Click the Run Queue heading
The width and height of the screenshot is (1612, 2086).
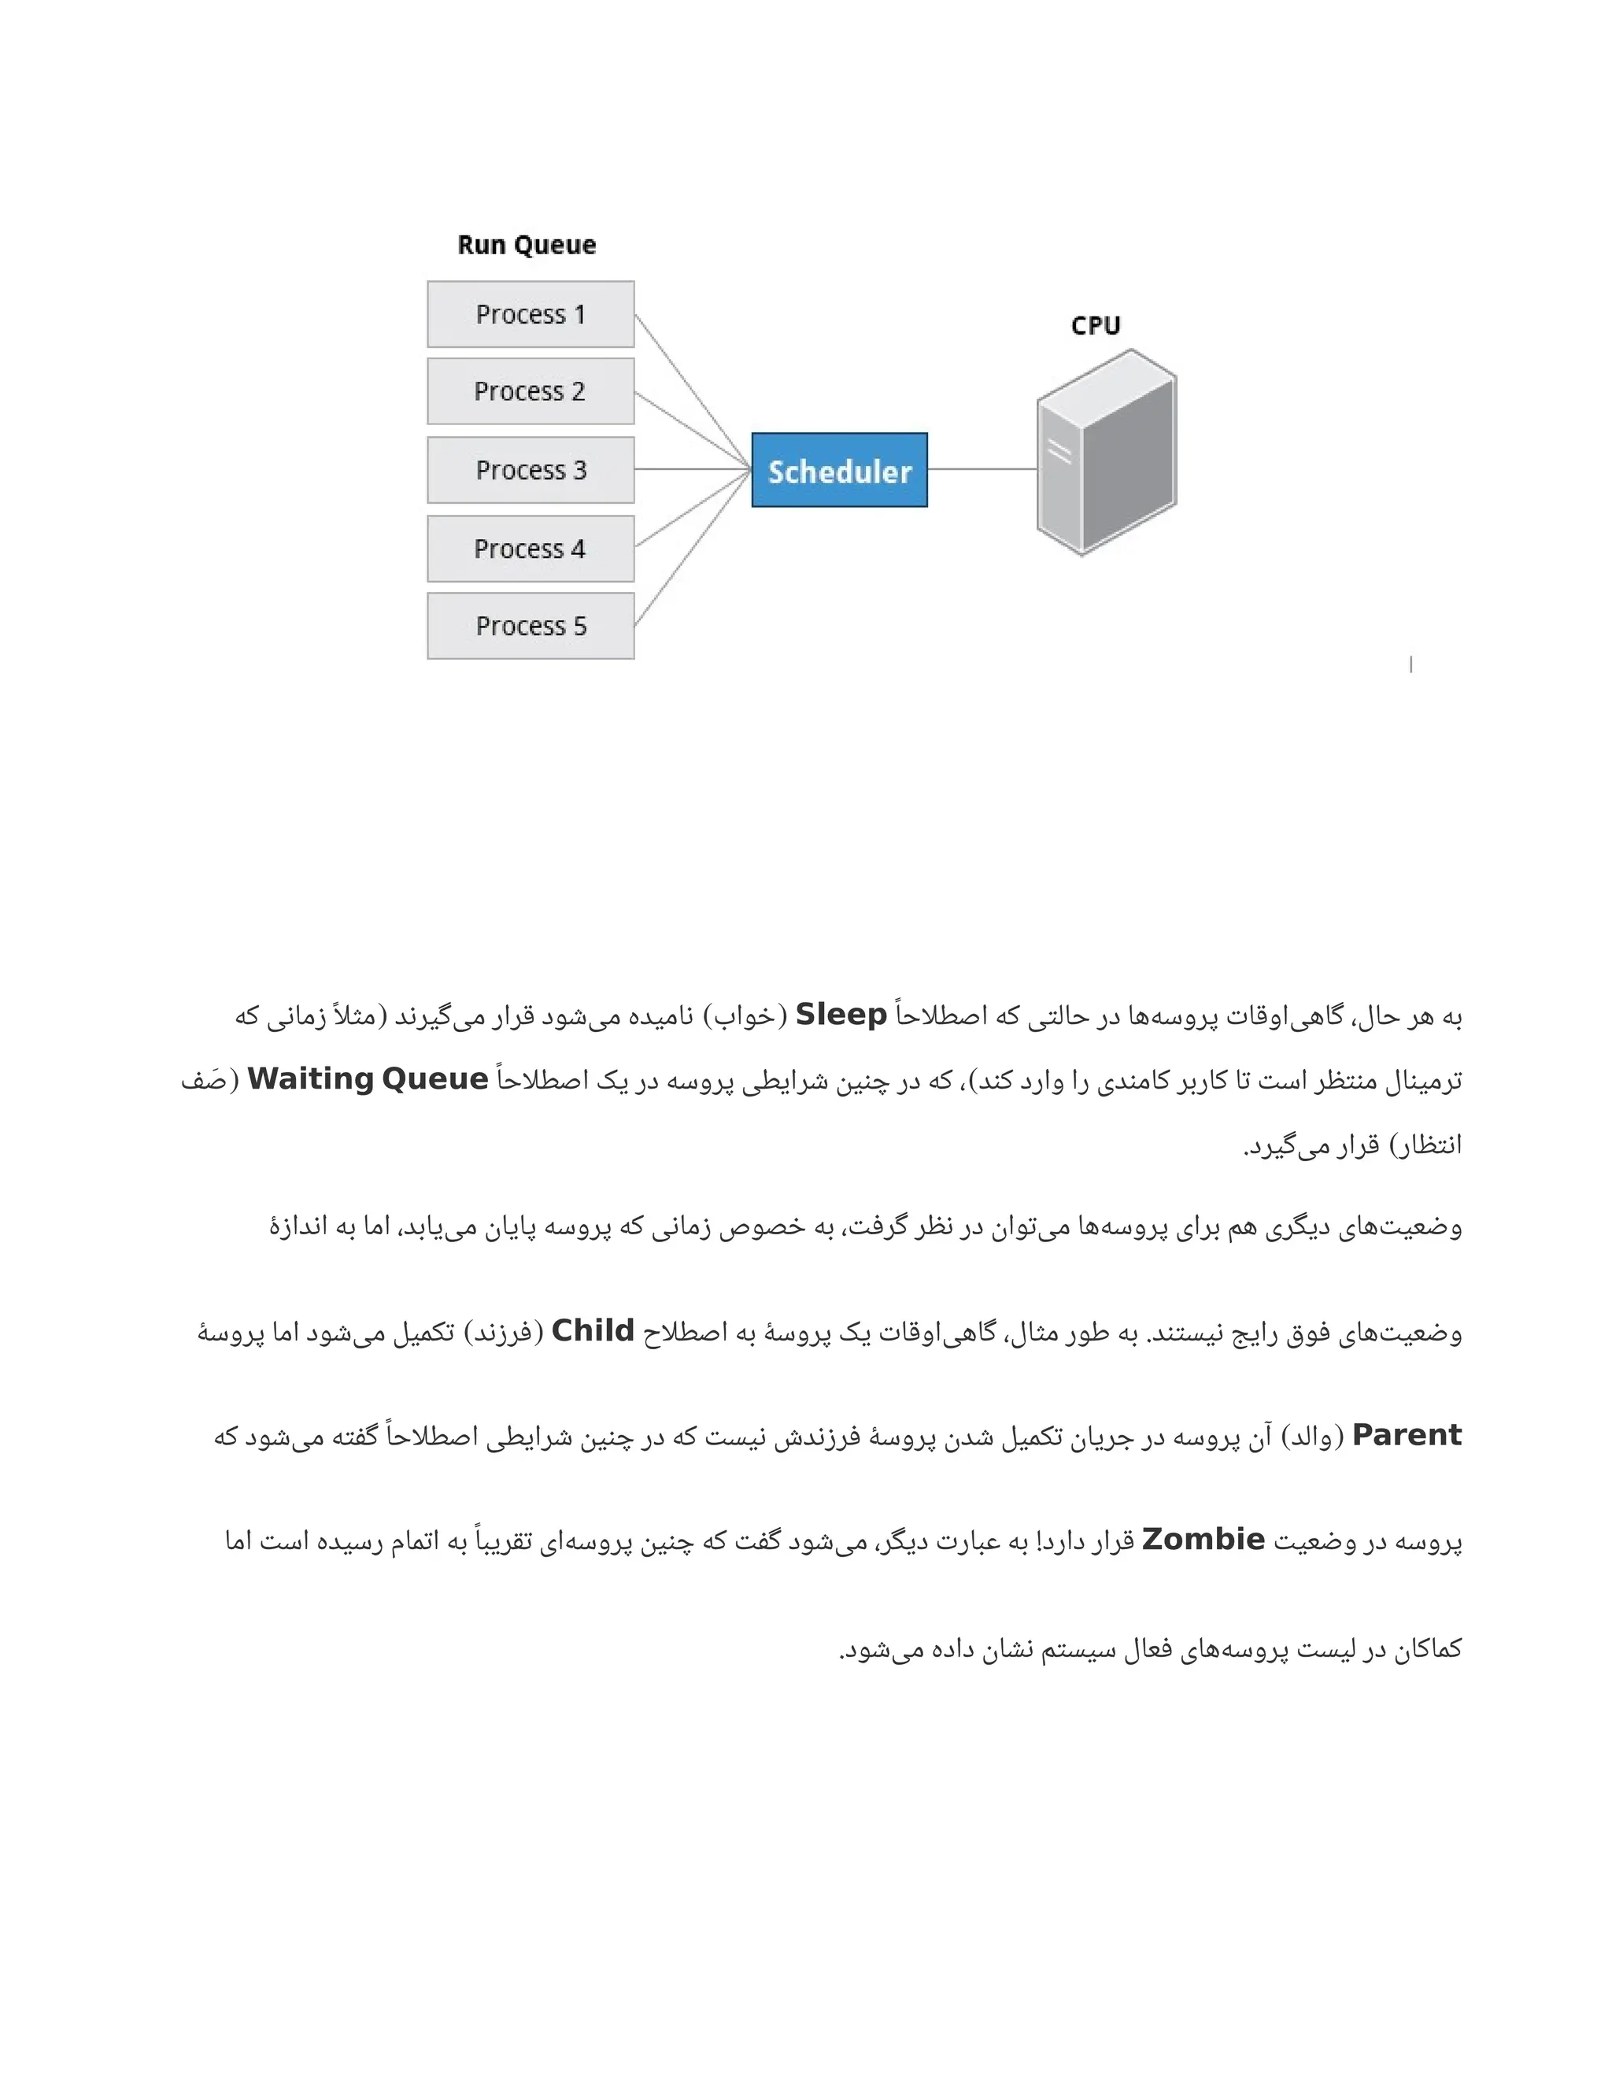pos(527,246)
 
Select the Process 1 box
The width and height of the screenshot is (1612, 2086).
pos(530,314)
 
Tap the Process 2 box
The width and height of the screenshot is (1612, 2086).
pos(530,391)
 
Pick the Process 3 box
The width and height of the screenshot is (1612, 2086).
pos(530,470)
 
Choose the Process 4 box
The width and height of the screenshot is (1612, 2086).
pos(530,549)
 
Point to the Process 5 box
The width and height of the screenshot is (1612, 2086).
pos(530,627)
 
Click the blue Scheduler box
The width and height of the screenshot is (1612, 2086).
pos(839,471)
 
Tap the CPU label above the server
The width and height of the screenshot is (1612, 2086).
pos(1096,326)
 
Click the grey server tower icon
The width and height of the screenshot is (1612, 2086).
pos(1107,453)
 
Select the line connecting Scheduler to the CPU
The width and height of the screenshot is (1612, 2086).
pos(982,469)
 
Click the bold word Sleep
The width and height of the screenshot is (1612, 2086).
pos(841,1015)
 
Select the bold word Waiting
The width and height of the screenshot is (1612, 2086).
pos(309,1079)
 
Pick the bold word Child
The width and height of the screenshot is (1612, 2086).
pos(593,1331)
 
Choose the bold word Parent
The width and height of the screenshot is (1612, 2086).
pos(1407,1436)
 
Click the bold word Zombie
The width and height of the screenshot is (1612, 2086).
pos(1203,1540)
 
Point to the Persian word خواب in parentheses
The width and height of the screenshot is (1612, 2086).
pos(747,1016)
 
